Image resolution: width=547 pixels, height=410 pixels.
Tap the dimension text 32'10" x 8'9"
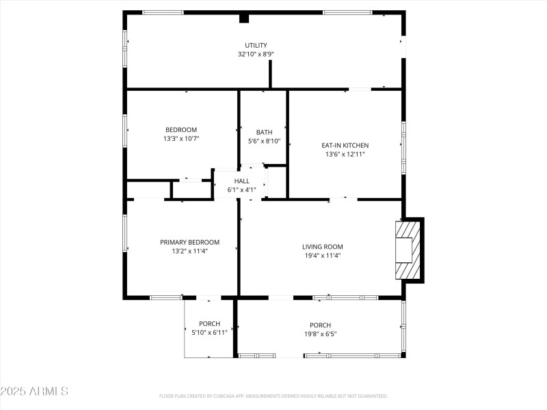click(256, 54)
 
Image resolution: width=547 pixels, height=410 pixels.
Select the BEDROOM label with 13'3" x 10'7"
click(181, 130)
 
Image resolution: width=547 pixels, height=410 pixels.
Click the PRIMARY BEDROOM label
click(189, 242)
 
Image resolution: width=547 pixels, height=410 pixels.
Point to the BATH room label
click(264, 132)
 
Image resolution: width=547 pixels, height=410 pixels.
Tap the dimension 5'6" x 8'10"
click(264, 141)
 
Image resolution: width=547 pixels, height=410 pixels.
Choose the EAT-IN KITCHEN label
click(345, 145)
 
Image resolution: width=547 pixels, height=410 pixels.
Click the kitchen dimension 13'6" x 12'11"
click(345, 154)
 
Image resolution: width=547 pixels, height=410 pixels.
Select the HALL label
click(241, 181)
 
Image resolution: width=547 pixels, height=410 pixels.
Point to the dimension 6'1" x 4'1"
click(241, 190)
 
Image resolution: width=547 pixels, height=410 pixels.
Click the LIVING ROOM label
click(323, 247)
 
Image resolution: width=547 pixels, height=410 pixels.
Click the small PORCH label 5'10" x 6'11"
click(209, 324)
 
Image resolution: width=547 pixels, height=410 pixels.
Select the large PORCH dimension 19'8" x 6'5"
click(320, 334)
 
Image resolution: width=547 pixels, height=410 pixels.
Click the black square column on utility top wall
click(244, 18)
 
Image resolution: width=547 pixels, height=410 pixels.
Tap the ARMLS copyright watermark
click(34, 392)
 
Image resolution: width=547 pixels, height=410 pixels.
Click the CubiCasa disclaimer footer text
click(273, 396)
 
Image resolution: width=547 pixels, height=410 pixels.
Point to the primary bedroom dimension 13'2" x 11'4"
click(189, 251)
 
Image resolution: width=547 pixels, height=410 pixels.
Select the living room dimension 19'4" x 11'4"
click(323, 256)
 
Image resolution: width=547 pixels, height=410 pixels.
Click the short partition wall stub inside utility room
click(271, 74)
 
